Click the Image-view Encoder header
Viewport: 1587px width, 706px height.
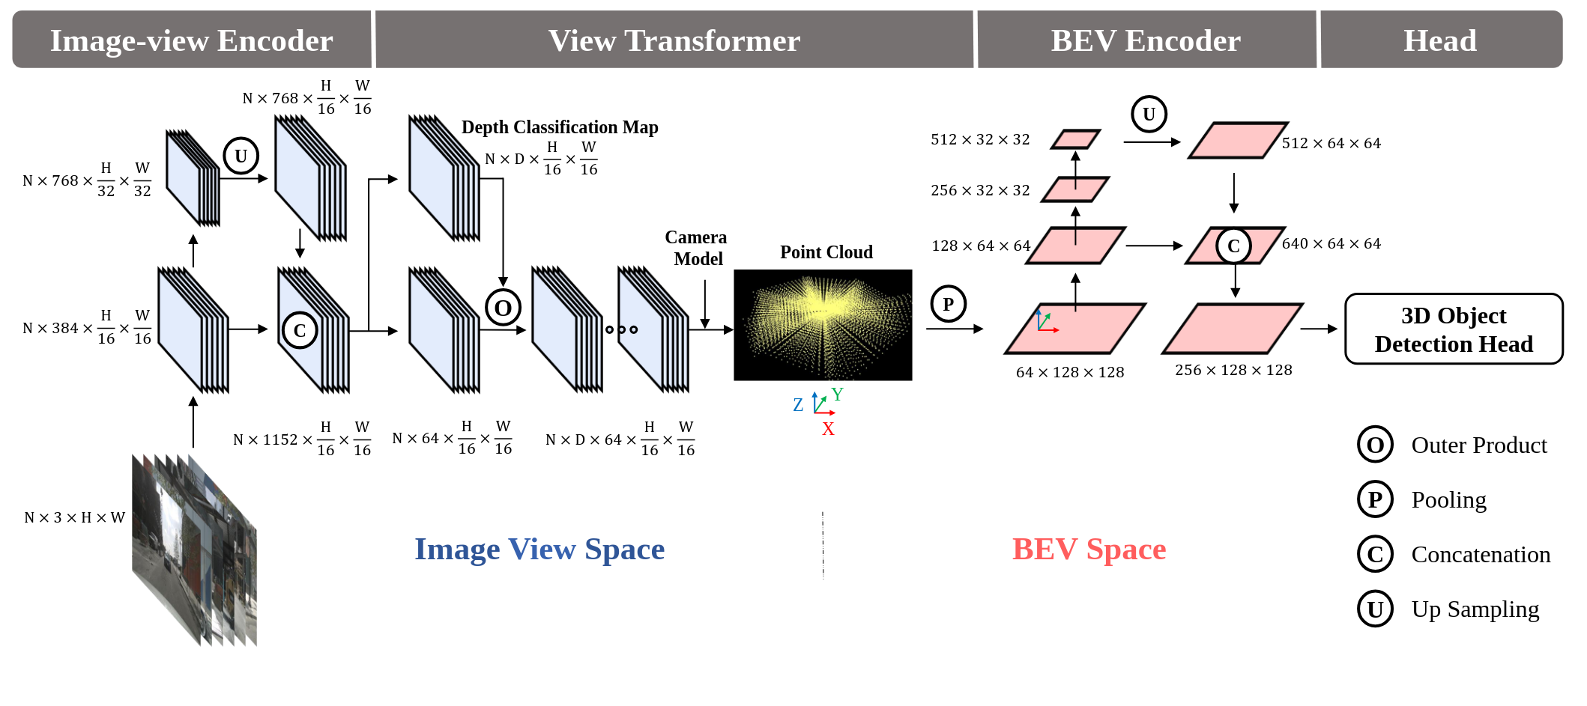(192, 40)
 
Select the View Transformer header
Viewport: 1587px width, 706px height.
(674, 40)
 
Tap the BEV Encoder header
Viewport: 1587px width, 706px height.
(1146, 40)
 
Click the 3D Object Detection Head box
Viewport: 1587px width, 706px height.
(1454, 329)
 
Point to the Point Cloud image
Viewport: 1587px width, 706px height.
(823, 325)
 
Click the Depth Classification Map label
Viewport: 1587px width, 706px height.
(560, 127)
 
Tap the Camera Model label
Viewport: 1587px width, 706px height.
(697, 248)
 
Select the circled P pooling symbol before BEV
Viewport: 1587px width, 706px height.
(949, 304)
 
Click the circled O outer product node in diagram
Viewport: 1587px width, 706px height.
(503, 307)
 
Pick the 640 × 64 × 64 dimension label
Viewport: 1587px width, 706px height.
(1331, 243)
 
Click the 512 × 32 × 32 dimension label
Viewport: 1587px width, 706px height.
(980, 139)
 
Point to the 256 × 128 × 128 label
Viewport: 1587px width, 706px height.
(1233, 370)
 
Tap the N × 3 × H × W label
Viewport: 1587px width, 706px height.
(74, 517)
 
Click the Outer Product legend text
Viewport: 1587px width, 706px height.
(1479, 445)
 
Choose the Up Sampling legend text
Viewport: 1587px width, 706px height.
(1475, 609)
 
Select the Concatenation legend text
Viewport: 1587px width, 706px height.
(1481, 555)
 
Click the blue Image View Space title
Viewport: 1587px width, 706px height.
(539, 550)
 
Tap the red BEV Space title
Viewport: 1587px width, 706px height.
(1089, 550)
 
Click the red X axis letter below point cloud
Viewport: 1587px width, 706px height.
(828, 429)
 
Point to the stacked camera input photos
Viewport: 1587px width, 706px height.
(194, 549)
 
